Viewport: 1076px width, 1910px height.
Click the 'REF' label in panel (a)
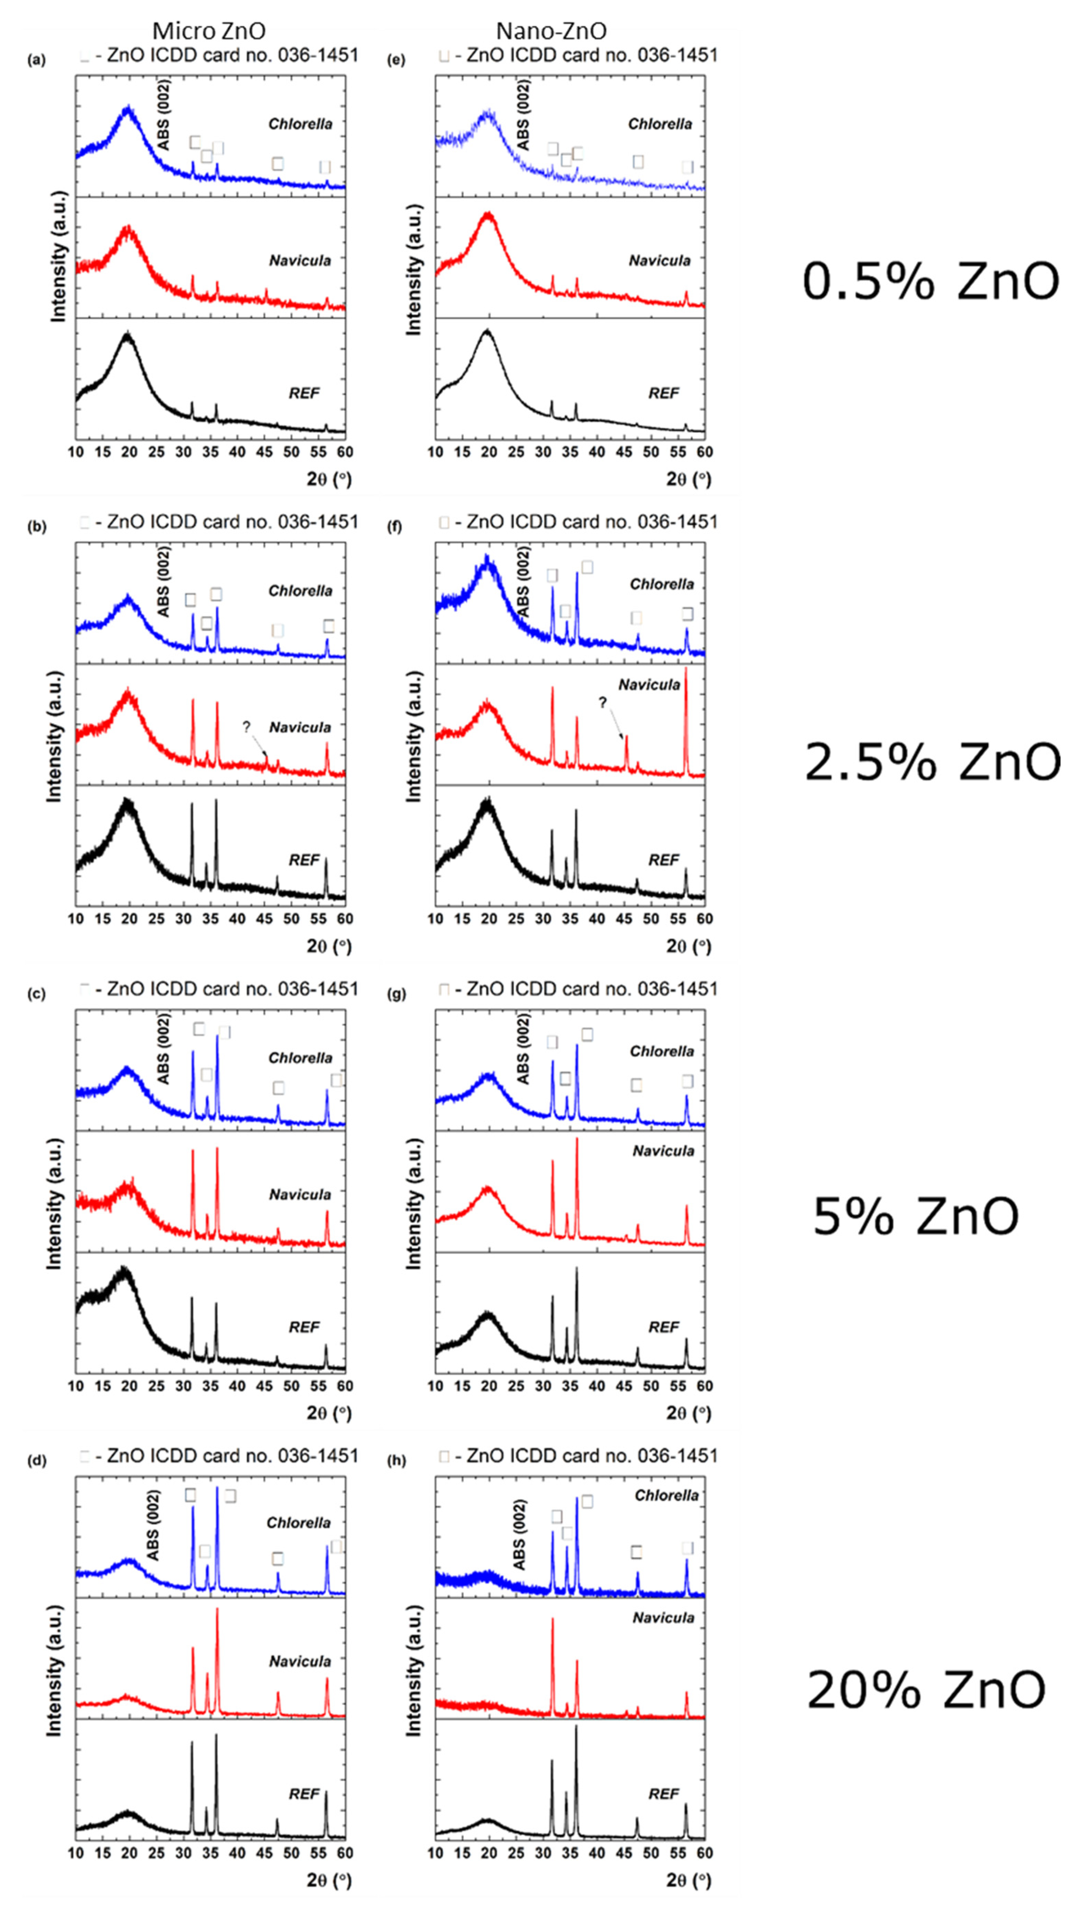coord(304,393)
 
